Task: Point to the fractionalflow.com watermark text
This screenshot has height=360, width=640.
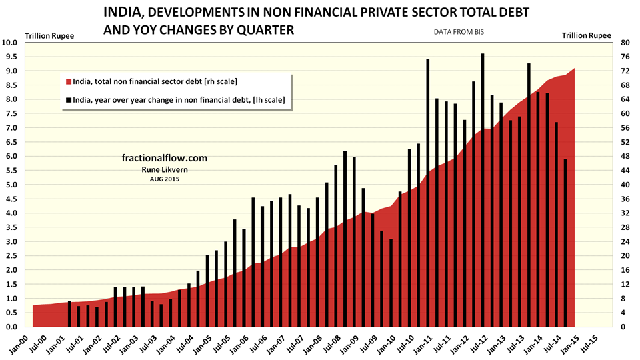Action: click(x=165, y=159)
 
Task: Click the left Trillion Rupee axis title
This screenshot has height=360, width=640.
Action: click(x=50, y=35)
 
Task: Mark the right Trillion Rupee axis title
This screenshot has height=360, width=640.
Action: click(x=587, y=35)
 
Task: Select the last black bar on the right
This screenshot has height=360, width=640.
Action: click(x=565, y=243)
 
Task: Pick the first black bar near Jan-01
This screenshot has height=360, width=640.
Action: click(x=69, y=314)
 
